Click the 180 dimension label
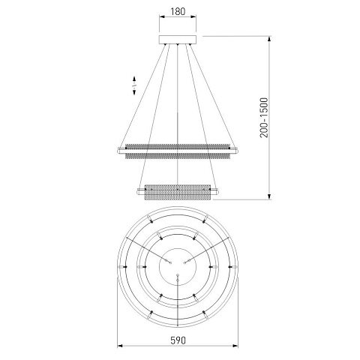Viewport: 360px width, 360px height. (178, 11)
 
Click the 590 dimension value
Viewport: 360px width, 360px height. (178, 340)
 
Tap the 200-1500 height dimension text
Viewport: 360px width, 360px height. (264, 118)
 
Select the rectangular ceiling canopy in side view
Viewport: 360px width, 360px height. (178, 40)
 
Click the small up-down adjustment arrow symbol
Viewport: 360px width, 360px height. (134, 85)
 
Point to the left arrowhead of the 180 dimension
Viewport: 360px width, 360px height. (162, 17)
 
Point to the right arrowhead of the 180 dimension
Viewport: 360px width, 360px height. (193, 17)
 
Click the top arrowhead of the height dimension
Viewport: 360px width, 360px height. (269, 39)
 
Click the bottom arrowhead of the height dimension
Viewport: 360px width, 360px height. (269, 197)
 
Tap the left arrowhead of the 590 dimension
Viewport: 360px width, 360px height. (120, 346)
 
